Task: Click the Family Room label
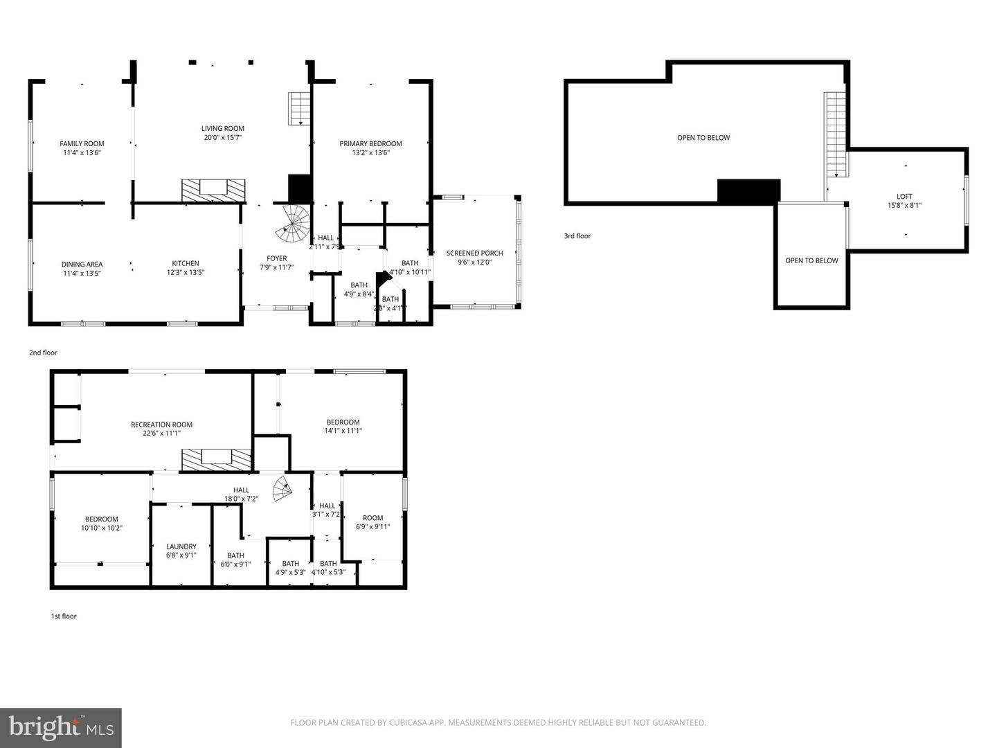pyautogui.click(x=82, y=144)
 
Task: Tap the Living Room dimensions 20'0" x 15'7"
pyautogui.click(x=223, y=137)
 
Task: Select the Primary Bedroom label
pyautogui.click(x=370, y=144)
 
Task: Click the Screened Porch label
pyautogui.click(x=474, y=253)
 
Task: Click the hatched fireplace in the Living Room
pyautogui.click(x=213, y=190)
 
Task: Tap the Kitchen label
pyautogui.click(x=186, y=264)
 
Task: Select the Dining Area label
pyautogui.click(x=82, y=265)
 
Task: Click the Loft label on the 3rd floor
pyautogui.click(x=904, y=197)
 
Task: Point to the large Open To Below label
pyautogui.click(x=703, y=138)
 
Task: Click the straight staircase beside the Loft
pyautogui.click(x=836, y=135)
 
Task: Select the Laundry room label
pyautogui.click(x=181, y=546)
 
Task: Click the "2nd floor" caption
pyautogui.click(x=43, y=353)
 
